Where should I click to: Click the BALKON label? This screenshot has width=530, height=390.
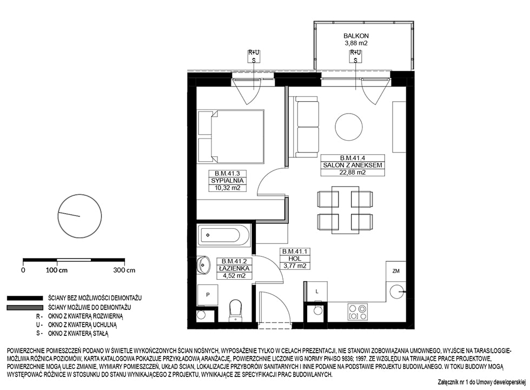pos(356,36)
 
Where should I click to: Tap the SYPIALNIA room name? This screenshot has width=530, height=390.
pos(227,181)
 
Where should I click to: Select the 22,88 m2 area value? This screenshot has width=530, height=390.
pos(353,172)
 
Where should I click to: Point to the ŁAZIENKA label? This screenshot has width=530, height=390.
pos(234,268)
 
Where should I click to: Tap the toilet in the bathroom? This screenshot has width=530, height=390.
pos(235,310)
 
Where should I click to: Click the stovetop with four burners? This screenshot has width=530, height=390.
pos(357,312)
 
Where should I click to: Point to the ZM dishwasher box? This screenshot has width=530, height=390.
pos(396,270)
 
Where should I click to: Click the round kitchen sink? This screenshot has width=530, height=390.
pos(395,292)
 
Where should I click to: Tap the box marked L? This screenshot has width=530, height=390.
pos(317,291)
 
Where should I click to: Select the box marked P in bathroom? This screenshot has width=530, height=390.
pos(208,295)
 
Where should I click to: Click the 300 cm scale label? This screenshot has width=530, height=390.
pos(124,270)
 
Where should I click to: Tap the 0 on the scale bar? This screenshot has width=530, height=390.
pos(23,270)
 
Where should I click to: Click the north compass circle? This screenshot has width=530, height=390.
pos(80,216)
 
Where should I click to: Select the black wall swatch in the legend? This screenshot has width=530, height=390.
pos(25,299)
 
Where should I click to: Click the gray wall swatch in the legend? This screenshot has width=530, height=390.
pos(25,308)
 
